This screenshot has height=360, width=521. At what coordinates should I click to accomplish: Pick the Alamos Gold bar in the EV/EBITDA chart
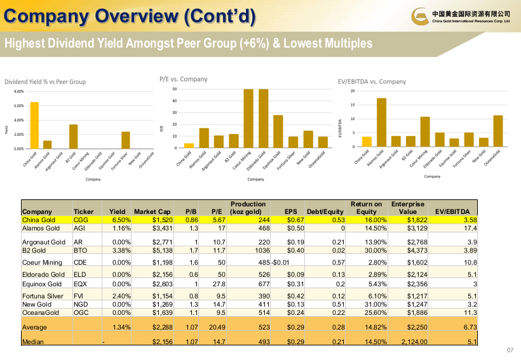[381, 122]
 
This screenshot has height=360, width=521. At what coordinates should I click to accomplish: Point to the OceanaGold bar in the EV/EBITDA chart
[498, 131]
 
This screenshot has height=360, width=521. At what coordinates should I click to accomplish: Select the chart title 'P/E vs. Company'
[183, 79]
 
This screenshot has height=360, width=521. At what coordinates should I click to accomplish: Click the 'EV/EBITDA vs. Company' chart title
[372, 81]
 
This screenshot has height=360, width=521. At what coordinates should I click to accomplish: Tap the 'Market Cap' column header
[152, 211]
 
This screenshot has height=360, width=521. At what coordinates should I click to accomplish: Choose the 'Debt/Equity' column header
[325, 211]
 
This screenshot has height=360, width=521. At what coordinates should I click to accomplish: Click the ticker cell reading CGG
[81, 220]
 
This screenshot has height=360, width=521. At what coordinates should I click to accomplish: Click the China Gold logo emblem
[421, 17]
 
